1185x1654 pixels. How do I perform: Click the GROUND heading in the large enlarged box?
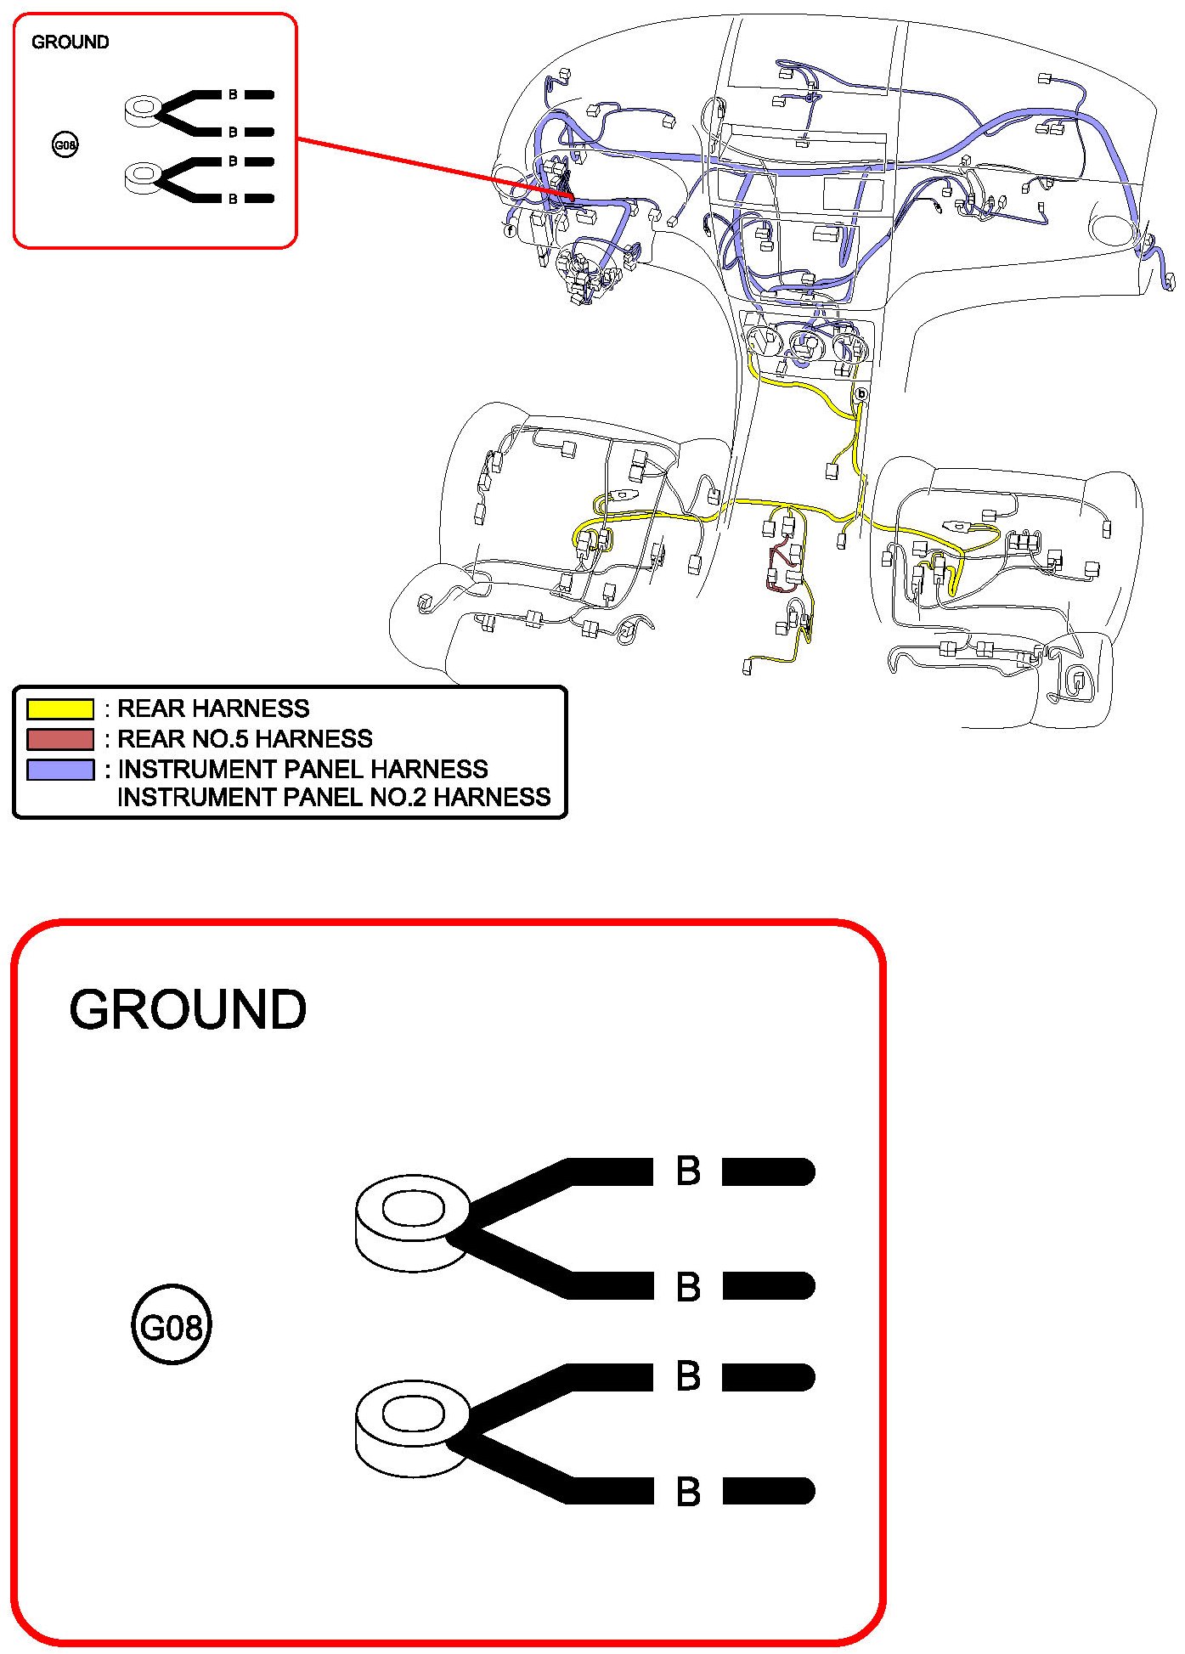coord(187,1009)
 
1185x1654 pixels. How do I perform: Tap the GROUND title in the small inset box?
coord(70,42)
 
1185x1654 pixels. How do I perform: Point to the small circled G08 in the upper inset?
coord(65,145)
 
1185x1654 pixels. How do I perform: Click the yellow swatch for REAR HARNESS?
coord(60,708)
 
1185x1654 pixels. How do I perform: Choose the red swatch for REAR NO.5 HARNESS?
coord(60,738)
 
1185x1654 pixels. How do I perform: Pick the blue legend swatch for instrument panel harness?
coord(60,769)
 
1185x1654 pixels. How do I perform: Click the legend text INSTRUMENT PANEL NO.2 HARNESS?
coord(334,797)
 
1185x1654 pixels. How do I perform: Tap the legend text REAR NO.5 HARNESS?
coord(245,738)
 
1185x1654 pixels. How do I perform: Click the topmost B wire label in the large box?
coord(688,1171)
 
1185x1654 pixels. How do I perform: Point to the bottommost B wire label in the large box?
coord(688,1492)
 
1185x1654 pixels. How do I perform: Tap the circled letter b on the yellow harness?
coord(861,394)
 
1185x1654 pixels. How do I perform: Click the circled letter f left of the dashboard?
coord(510,230)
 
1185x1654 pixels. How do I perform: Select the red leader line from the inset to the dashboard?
coord(433,167)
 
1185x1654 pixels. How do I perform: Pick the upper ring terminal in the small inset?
coord(143,111)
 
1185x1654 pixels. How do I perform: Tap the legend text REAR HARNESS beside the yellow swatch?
coord(213,708)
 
